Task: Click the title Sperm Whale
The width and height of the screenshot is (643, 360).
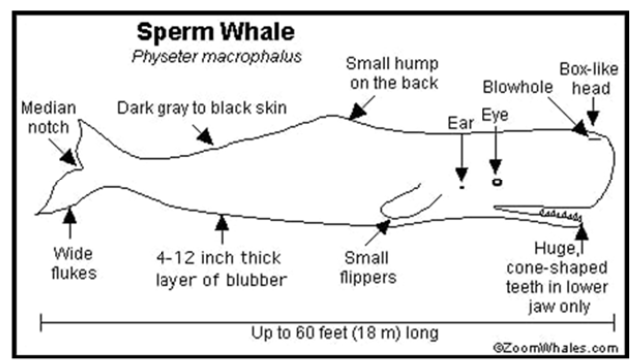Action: click(x=215, y=32)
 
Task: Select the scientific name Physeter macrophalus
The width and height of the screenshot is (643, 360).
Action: click(x=216, y=57)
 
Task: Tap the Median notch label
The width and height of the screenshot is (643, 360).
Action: click(x=49, y=118)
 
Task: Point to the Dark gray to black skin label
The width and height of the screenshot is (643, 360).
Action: click(x=201, y=108)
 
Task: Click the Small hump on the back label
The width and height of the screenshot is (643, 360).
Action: click(x=392, y=73)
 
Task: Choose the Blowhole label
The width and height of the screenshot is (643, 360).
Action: click(x=518, y=87)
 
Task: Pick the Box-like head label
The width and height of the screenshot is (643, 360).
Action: click(x=589, y=79)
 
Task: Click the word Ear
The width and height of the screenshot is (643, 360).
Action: click(x=461, y=123)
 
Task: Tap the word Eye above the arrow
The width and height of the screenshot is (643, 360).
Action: click(x=495, y=115)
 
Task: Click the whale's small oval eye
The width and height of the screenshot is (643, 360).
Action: click(x=497, y=181)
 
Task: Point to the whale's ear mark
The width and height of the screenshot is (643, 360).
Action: click(x=462, y=187)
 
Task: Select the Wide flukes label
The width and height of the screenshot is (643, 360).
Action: click(x=74, y=263)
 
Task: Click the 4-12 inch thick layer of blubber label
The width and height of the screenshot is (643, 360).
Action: click(x=221, y=269)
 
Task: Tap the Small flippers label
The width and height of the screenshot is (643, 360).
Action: click(x=368, y=267)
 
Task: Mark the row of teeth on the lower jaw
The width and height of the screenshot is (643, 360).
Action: click(x=560, y=215)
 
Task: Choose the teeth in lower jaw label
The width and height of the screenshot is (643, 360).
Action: click(x=557, y=277)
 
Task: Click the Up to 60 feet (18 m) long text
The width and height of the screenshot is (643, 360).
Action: click(x=345, y=333)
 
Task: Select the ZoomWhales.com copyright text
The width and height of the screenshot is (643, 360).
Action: click(x=556, y=348)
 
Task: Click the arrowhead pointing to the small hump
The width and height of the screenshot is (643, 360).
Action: click(x=358, y=111)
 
